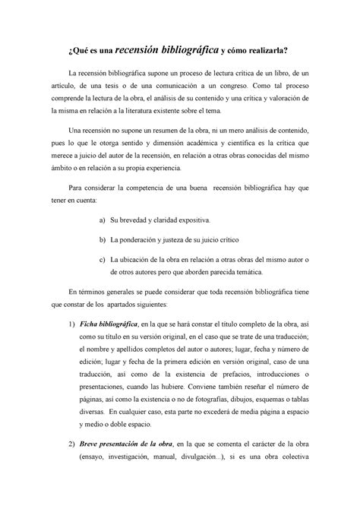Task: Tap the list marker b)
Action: pos(103,238)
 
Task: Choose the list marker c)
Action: pos(103,258)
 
